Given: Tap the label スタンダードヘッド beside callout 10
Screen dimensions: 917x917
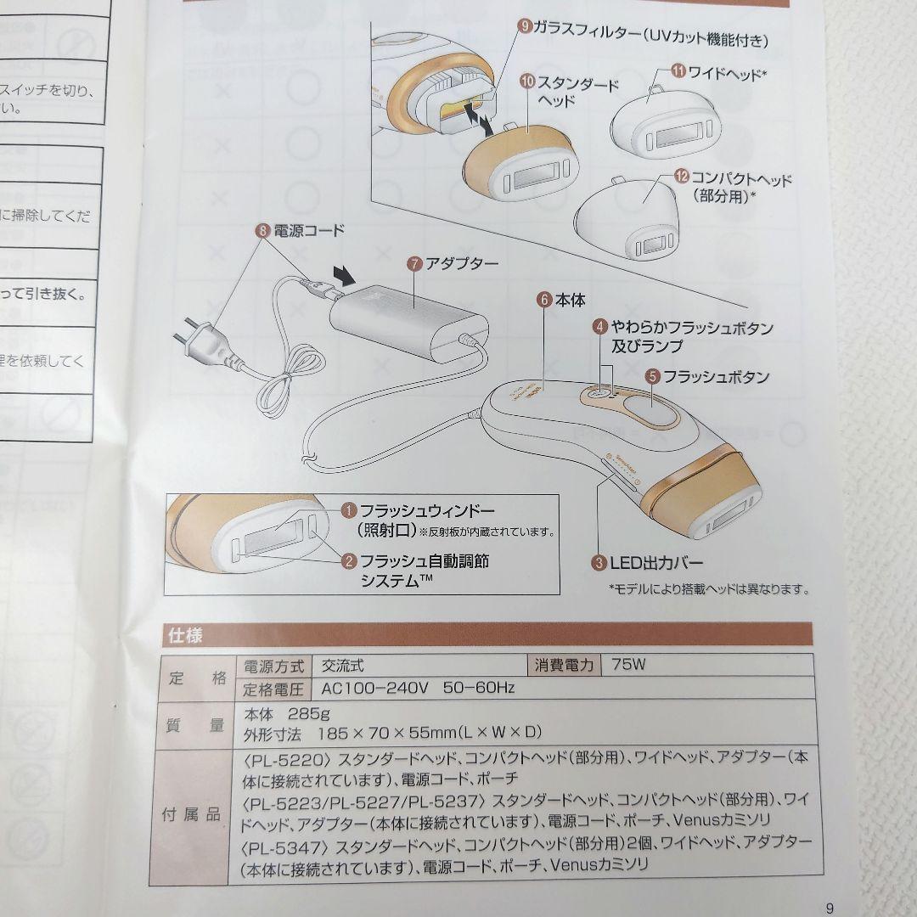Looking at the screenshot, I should tap(577, 92).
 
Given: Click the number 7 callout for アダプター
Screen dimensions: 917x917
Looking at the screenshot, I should tap(414, 263).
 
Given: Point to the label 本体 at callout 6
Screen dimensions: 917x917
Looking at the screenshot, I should tap(570, 300).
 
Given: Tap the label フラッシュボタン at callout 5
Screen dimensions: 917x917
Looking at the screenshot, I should tap(716, 376).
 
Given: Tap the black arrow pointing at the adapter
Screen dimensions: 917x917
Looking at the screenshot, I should tap(344, 276).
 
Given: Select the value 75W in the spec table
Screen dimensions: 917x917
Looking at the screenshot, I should tap(628, 665).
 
